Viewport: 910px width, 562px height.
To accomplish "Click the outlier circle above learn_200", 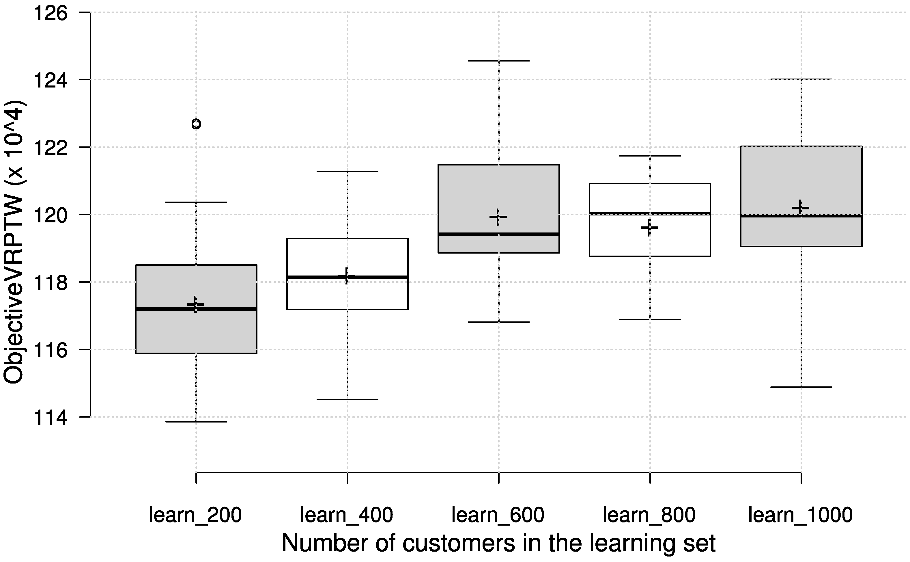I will click(x=196, y=124).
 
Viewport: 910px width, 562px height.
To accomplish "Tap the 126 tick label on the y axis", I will click(x=51, y=13).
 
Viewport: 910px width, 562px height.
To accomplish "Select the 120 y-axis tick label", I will click(x=51, y=215).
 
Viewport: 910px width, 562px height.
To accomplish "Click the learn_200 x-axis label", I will click(x=195, y=515).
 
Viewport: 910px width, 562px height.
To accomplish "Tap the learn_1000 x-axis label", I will click(x=800, y=515).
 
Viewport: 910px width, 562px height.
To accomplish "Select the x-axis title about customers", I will click(x=498, y=544).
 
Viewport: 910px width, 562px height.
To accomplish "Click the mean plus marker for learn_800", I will click(x=649, y=228).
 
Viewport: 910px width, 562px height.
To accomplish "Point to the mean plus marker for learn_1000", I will click(x=800, y=208).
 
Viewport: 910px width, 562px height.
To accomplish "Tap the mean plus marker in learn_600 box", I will click(x=498, y=217).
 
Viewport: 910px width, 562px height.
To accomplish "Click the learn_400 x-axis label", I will click(x=347, y=515).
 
